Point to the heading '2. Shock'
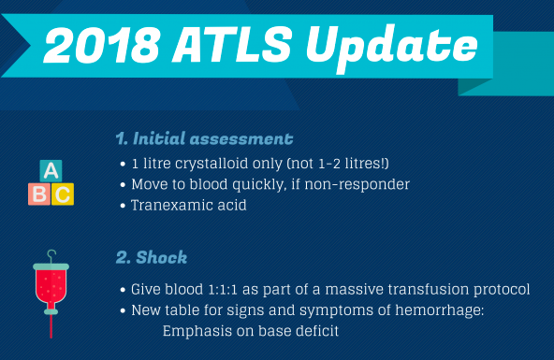click(x=151, y=255)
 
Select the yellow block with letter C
click(x=62, y=194)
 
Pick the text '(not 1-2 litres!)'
click(x=316, y=165)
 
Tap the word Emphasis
click(x=198, y=330)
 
